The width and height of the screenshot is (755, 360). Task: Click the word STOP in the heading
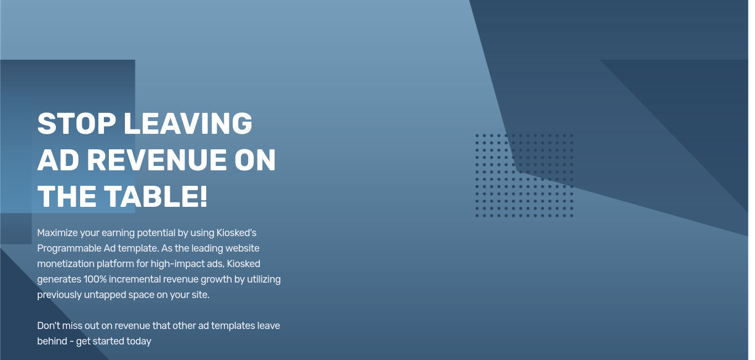tap(76, 123)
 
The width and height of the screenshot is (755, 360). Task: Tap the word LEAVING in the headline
tap(188, 123)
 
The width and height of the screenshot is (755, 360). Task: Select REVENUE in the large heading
tap(157, 160)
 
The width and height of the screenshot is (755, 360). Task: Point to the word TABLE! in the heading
tap(155, 196)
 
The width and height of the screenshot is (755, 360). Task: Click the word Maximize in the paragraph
tap(57, 233)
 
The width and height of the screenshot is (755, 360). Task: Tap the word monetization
tap(65, 264)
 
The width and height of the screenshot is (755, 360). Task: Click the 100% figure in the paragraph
tap(95, 279)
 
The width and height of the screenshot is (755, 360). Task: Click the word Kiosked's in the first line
tap(236, 233)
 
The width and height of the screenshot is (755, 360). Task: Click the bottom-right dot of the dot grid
tap(572, 216)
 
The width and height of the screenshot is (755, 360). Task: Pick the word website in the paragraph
tap(242, 248)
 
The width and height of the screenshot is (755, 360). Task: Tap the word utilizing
tap(264, 280)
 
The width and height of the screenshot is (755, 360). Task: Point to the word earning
tap(118, 233)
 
